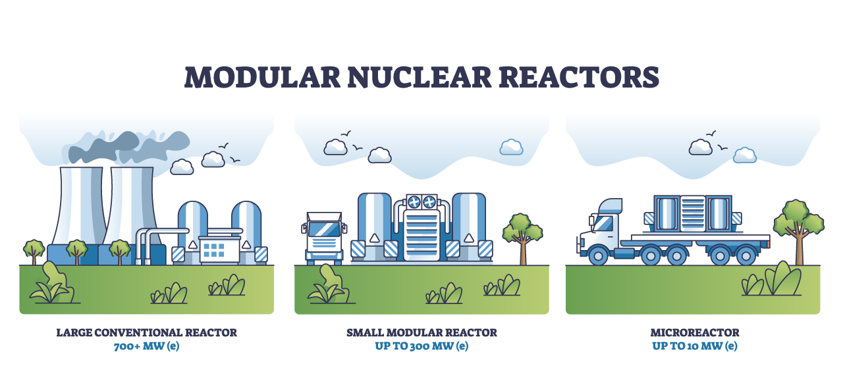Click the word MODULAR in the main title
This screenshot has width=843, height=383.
262,77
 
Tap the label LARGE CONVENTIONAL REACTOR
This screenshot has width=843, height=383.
146,333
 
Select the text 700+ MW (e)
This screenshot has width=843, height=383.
146,346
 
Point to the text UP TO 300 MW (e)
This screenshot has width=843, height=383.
421,346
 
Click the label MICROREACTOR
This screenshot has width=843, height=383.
694,333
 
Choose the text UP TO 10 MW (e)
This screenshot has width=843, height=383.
694,346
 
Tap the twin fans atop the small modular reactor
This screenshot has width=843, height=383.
421,202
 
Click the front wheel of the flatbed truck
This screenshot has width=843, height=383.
598,254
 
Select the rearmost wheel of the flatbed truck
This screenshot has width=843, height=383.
747,254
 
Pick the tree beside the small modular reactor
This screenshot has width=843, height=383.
522,234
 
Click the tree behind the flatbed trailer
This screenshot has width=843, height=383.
798,227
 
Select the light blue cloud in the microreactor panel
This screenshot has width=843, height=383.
745,155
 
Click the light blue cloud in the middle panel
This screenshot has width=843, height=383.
511,147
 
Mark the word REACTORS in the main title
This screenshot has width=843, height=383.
578,77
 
